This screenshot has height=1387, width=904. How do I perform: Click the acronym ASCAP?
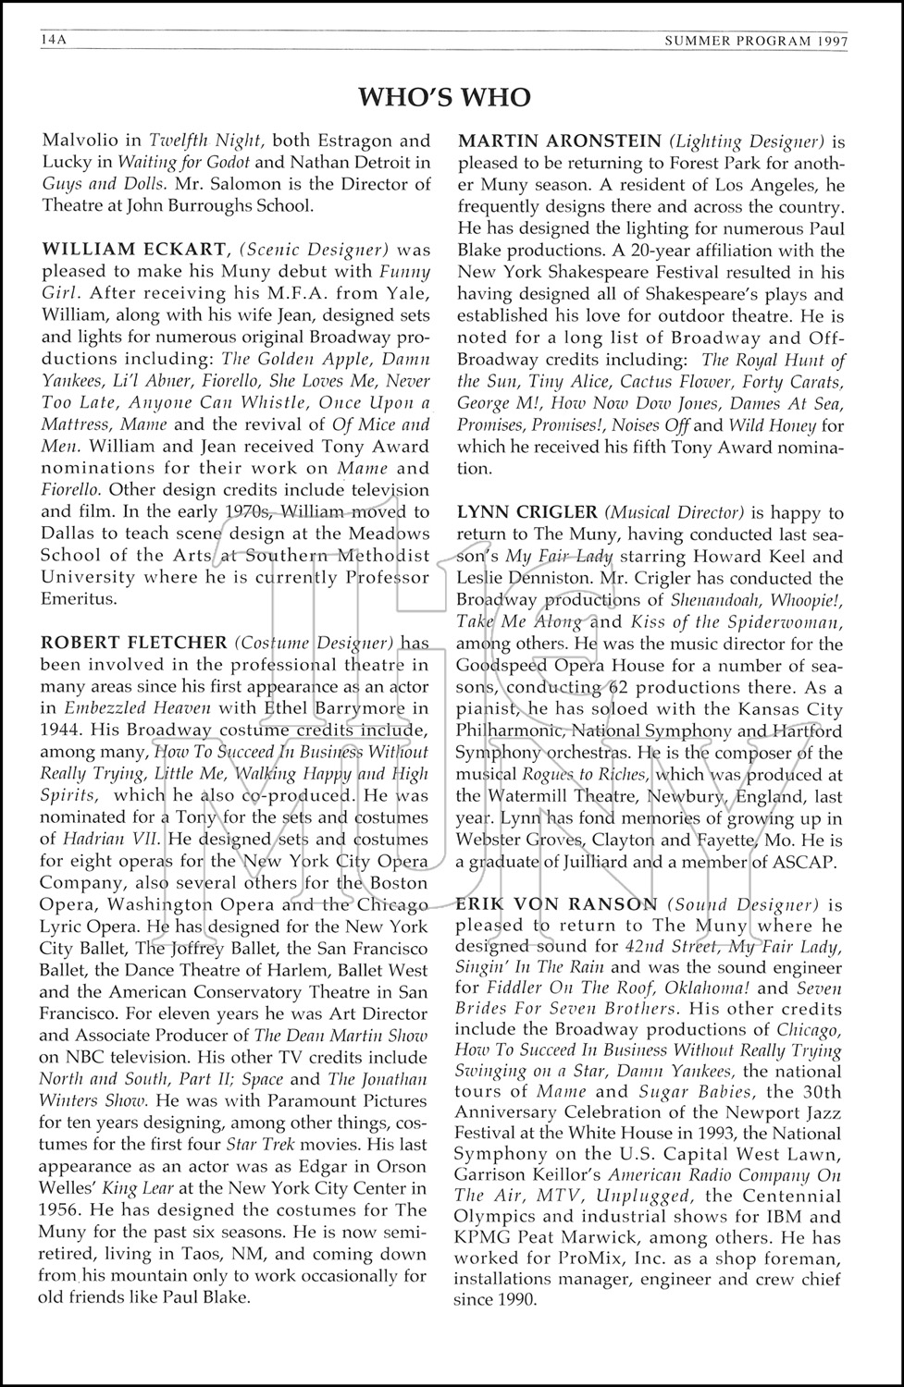pos(809,863)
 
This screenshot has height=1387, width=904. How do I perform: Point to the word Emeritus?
pos(79,599)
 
